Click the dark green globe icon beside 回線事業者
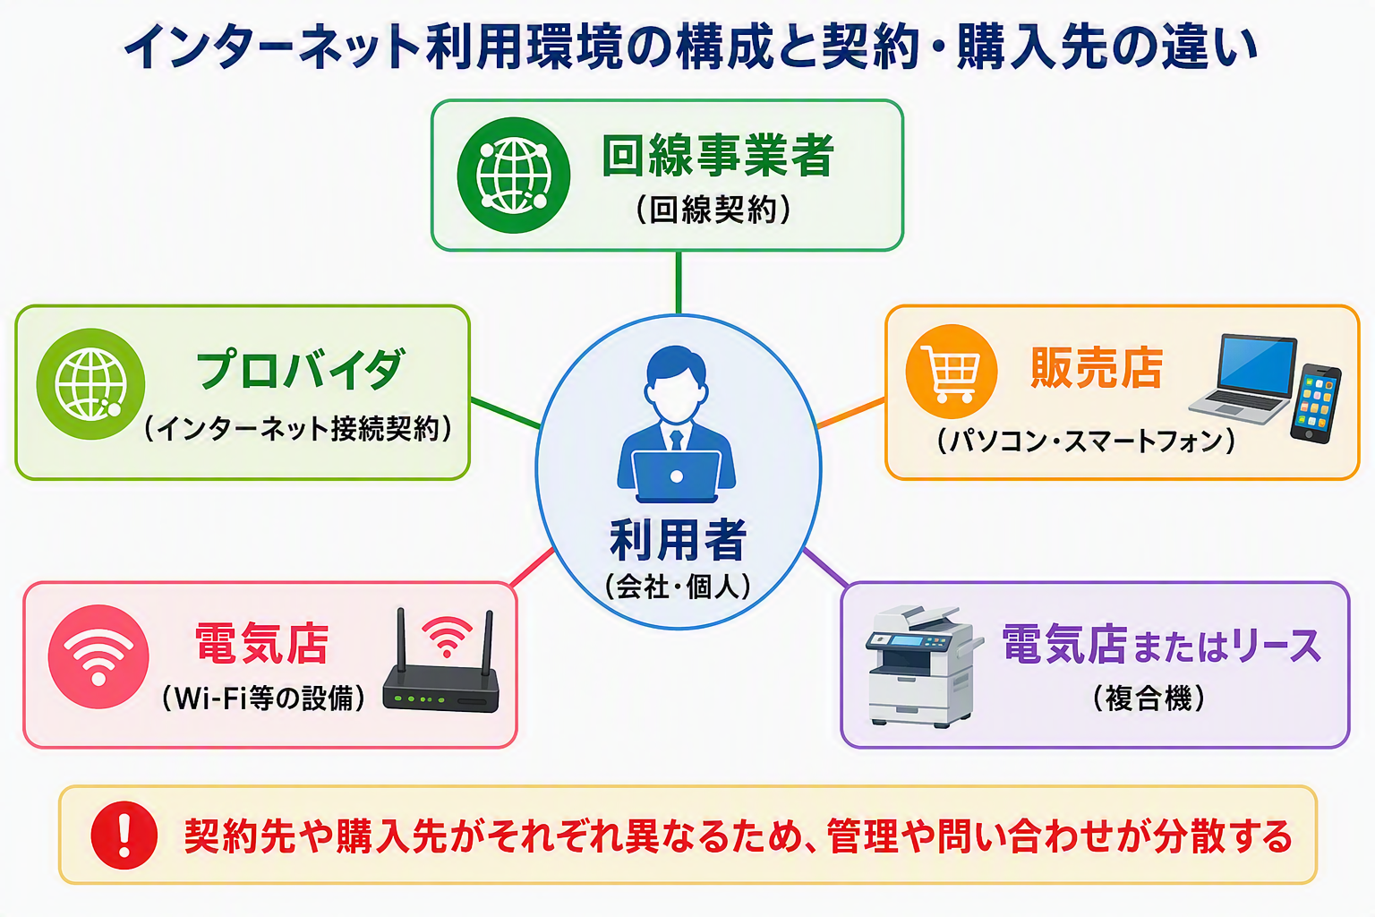514,175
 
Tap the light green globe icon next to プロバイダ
90,384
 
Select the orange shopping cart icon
951,372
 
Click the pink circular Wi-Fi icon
98,656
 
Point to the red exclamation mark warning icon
124,836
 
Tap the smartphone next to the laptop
1315,403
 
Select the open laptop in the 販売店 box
1243,378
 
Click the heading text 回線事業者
718,156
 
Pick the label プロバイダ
300,369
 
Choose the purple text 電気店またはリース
1161,644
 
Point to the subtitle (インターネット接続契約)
298,428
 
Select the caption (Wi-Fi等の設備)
263,698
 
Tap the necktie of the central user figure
677,440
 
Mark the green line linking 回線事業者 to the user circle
679,283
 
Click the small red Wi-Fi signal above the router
447,636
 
